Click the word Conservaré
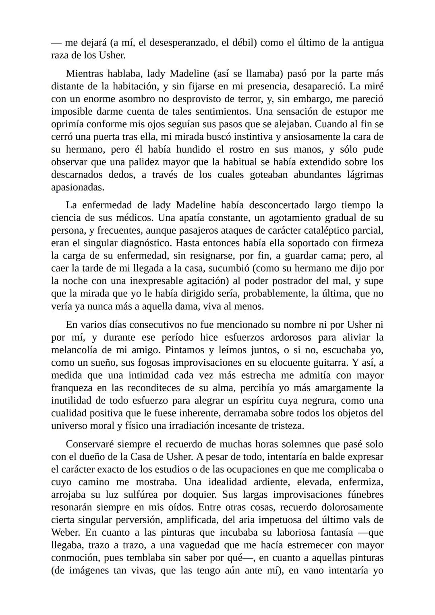(89, 444)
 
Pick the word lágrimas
(362, 175)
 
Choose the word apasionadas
(77, 188)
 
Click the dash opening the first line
(56, 43)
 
